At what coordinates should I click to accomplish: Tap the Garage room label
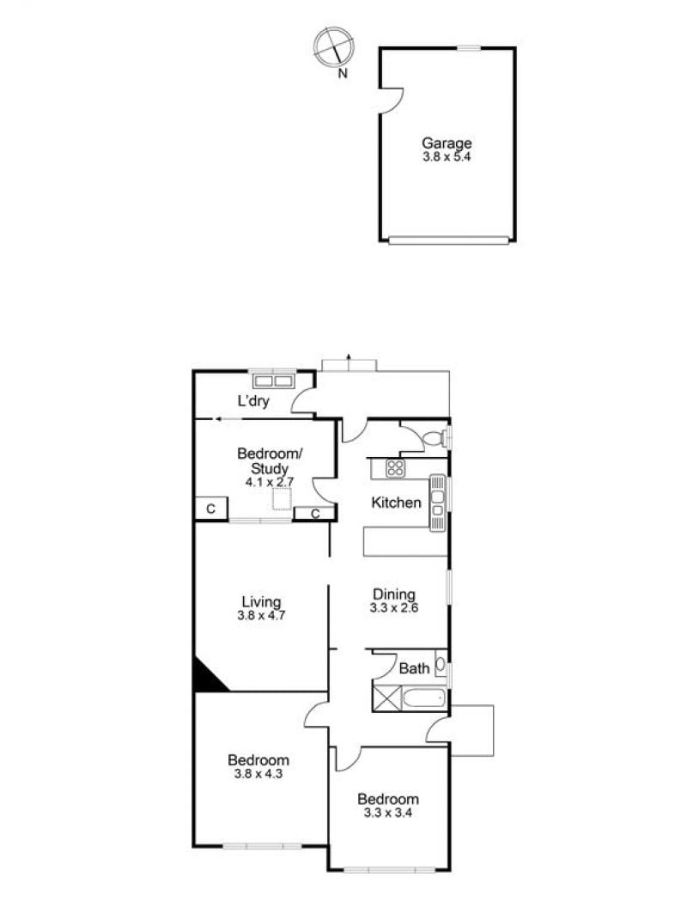(447, 143)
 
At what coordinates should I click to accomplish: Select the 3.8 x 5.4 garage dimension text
(447, 157)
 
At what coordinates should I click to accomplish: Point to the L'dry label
(253, 401)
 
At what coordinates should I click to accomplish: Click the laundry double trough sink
(273, 381)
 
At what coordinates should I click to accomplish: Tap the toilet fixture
(435, 438)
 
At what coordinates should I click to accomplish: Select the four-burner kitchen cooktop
(395, 468)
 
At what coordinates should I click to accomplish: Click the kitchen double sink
(437, 503)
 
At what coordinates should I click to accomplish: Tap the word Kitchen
(396, 503)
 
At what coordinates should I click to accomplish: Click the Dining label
(394, 594)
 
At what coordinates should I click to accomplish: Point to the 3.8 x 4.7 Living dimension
(261, 616)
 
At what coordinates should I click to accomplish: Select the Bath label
(414, 668)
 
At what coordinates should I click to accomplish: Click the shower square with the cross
(387, 698)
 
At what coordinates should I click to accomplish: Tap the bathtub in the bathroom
(425, 698)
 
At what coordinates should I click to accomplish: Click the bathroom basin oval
(441, 664)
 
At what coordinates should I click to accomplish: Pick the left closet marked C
(211, 509)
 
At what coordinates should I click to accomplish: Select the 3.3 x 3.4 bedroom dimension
(388, 813)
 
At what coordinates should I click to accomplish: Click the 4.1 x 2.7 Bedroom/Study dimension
(270, 482)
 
